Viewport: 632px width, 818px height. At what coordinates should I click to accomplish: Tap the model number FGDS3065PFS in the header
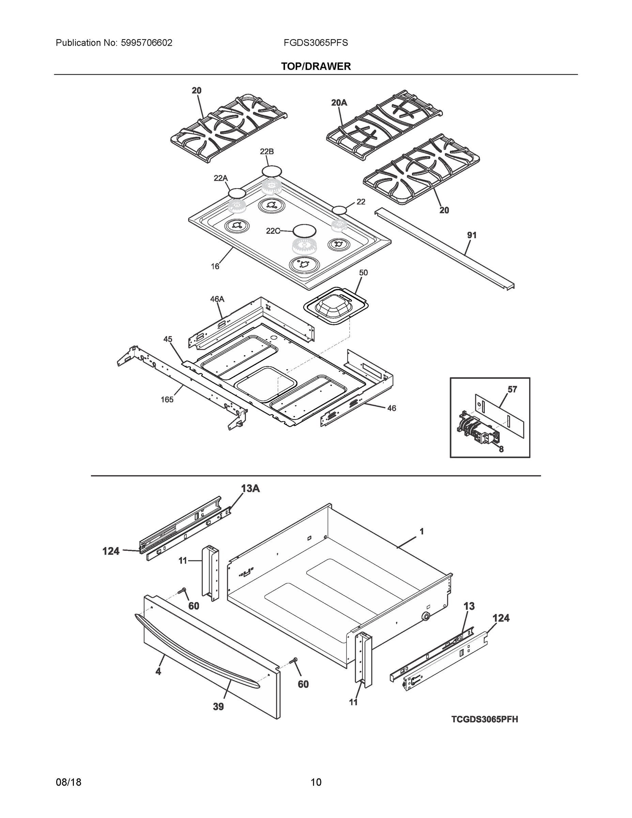[x=315, y=43]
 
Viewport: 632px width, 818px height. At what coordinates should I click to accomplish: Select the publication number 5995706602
[x=147, y=43]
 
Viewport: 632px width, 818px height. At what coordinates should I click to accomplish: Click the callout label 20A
[x=339, y=102]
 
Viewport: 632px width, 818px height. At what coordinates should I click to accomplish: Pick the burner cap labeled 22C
[x=304, y=231]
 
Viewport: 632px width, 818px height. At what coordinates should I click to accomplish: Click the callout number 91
[x=472, y=235]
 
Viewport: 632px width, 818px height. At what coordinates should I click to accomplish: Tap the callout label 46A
[x=217, y=299]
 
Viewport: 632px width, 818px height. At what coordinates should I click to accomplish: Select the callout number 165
[x=167, y=400]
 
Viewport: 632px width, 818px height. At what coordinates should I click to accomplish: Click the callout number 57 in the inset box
[x=512, y=390]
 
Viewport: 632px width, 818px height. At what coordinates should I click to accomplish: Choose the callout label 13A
[x=250, y=488]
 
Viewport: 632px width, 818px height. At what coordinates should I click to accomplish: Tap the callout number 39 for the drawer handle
[x=218, y=707]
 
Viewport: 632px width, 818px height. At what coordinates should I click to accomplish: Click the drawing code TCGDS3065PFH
[x=484, y=719]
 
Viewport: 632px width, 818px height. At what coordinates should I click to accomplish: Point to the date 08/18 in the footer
[x=68, y=783]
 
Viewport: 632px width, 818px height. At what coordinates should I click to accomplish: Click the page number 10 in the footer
[x=316, y=783]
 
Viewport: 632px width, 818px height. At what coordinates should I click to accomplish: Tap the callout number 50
[x=363, y=273]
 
